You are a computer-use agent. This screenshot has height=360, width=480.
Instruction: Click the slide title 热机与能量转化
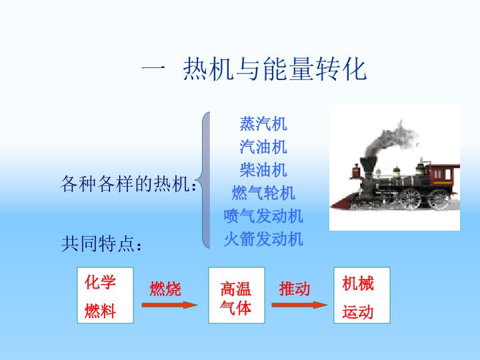point(275,69)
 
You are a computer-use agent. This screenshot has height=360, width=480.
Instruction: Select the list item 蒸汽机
point(263,124)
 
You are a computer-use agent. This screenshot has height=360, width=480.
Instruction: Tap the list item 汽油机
point(263,147)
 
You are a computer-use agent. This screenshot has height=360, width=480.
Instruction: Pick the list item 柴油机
point(263,169)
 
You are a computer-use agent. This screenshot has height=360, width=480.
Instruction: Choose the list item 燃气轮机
point(263,193)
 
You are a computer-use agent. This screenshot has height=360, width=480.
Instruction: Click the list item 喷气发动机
point(263,216)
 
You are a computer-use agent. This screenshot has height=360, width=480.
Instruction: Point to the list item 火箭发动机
point(263,239)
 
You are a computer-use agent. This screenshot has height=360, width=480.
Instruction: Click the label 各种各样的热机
point(125,184)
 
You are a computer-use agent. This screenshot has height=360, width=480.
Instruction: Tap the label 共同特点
point(98,244)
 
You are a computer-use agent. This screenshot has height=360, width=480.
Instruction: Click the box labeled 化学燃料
point(105,295)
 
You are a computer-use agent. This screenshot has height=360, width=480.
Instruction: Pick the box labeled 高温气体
point(237,295)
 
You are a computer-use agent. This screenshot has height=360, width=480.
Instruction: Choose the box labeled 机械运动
point(362,295)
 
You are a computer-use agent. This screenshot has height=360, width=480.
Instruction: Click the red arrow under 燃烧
point(169,305)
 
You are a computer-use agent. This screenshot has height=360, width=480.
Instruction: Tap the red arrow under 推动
point(300,305)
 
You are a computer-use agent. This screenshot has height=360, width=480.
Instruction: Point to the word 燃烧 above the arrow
point(165,289)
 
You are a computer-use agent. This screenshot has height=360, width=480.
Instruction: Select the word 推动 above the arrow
point(295,289)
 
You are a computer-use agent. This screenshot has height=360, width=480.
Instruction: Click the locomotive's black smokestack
point(368,167)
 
